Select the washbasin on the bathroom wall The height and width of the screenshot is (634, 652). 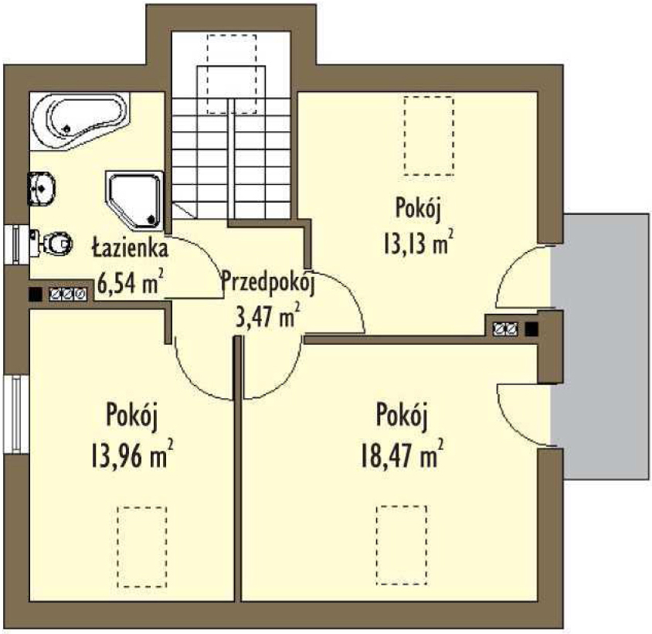coord(41,189)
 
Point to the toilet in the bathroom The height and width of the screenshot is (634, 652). coord(52,243)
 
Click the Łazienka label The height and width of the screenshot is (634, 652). coord(130,248)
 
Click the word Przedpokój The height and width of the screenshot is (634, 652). coord(267,283)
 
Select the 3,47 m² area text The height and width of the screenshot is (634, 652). coord(267,317)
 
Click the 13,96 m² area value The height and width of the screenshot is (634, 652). coord(131,456)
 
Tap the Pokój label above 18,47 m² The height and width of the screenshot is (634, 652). coord(402,415)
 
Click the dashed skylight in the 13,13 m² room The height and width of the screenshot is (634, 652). coord(429,135)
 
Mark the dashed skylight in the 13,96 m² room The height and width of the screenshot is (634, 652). coord(142,546)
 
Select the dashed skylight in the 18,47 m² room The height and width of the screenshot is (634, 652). coord(402,546)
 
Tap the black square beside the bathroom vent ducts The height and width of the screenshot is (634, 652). coord(36,295)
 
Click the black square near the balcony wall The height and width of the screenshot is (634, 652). coord(531,329)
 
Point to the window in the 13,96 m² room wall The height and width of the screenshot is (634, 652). coord(17,414)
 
